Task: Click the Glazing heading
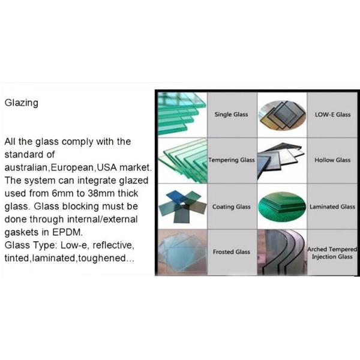(x=22, y=103)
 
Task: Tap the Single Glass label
(x=231, y=115)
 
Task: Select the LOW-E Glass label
(x=332, y=115)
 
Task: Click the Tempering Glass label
(x=232, y=160)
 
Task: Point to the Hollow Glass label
(x=332, y=160)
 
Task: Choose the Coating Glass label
(x=231, y=207)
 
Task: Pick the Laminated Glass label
(x=332, y=207)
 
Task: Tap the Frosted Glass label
(x=232, y=252)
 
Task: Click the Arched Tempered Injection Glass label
(x=332, y=253)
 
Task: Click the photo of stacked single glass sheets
(x=182, y=114)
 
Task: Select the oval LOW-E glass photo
(x=282, y=115)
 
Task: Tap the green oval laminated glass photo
(x=282, y=206)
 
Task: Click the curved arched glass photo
(x=282, y=252)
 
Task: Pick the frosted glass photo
(x=182, y=252)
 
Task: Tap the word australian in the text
(x=26, y=167)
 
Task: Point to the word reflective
(x=113, y=245)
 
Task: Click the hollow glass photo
(x=282, y=160)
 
